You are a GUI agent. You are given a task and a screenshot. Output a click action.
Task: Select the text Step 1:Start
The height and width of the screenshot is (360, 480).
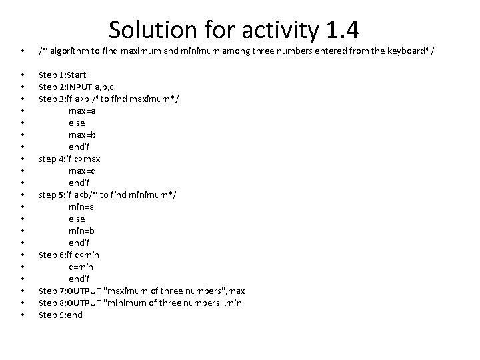coord(63,75)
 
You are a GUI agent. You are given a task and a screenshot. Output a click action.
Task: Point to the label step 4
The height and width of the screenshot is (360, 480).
coord(54,159)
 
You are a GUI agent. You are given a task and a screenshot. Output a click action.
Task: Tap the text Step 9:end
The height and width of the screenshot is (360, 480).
coord(61,315)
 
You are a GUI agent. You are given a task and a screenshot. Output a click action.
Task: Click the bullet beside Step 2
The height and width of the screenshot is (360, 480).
coord(23,87)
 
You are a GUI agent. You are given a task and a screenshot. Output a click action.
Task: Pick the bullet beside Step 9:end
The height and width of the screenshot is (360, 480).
coord(23,315)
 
